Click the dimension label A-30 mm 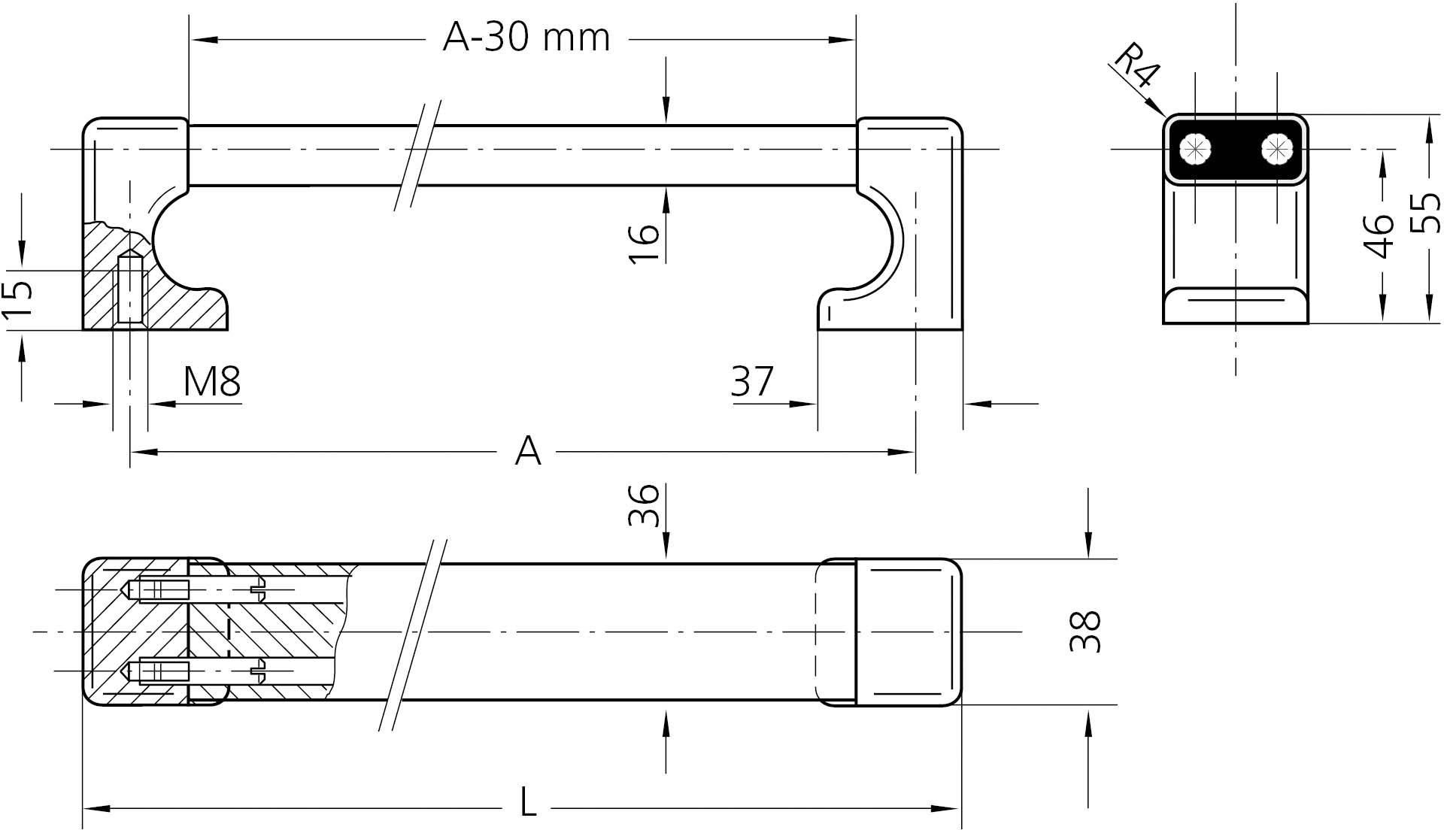[x=526, y=38]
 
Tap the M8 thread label [x=212, y=382]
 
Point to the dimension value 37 [x=751, y=382]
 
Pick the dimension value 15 [x=18, y=299]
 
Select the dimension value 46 [x=1379, y=236]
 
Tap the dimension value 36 [x=644, y=505]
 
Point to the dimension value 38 [x=1085, y=632]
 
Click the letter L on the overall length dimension [x=529, y=803]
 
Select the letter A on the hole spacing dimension [x=528, y=452]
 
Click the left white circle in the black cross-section [x=1194, y=149]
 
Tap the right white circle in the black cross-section [x=1276, y=149]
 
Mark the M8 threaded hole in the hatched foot [x=130, y=289]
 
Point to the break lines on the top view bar [x=418, y=154]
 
